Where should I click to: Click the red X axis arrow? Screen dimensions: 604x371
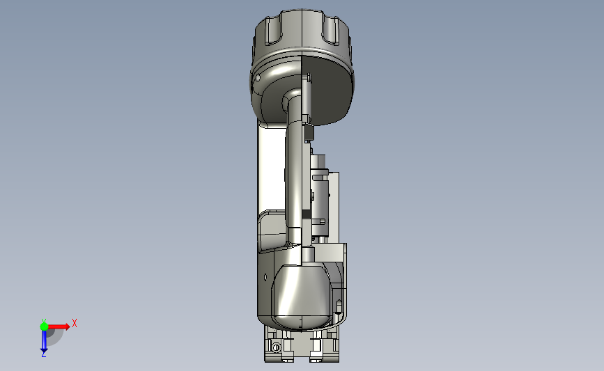[58, 326]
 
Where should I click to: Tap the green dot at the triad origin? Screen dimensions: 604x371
[44, 326]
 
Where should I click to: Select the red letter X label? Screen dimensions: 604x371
[75, 323]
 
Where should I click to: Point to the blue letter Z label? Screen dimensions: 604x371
[43, 354]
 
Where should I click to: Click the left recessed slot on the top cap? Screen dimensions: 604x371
[274, 31]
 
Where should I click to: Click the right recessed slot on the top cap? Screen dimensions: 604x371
[331, 31]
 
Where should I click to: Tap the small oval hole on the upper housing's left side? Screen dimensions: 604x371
[258, 78]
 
